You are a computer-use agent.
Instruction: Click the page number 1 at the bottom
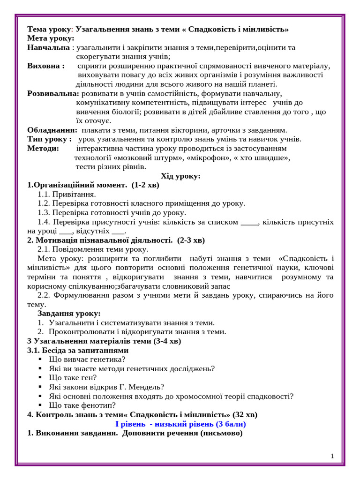click(332, 456)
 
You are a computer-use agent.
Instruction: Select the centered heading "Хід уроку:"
click(180, 176)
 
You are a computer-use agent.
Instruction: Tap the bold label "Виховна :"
click(46, 66)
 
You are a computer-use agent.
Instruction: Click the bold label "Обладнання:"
click(52, 130)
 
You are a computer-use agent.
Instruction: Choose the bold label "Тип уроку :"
click(49, 139)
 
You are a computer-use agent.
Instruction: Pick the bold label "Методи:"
click(43, 148)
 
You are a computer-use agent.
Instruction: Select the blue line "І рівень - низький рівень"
click(180, 424)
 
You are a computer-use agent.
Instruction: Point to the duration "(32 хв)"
click(245, 414)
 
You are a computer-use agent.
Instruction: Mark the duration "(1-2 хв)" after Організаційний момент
click(145, 185)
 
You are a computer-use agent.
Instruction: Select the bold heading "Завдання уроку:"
click(69, 313)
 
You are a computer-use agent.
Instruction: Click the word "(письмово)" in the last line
click(221, 433)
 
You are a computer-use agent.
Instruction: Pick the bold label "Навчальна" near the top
click(48, 47)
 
